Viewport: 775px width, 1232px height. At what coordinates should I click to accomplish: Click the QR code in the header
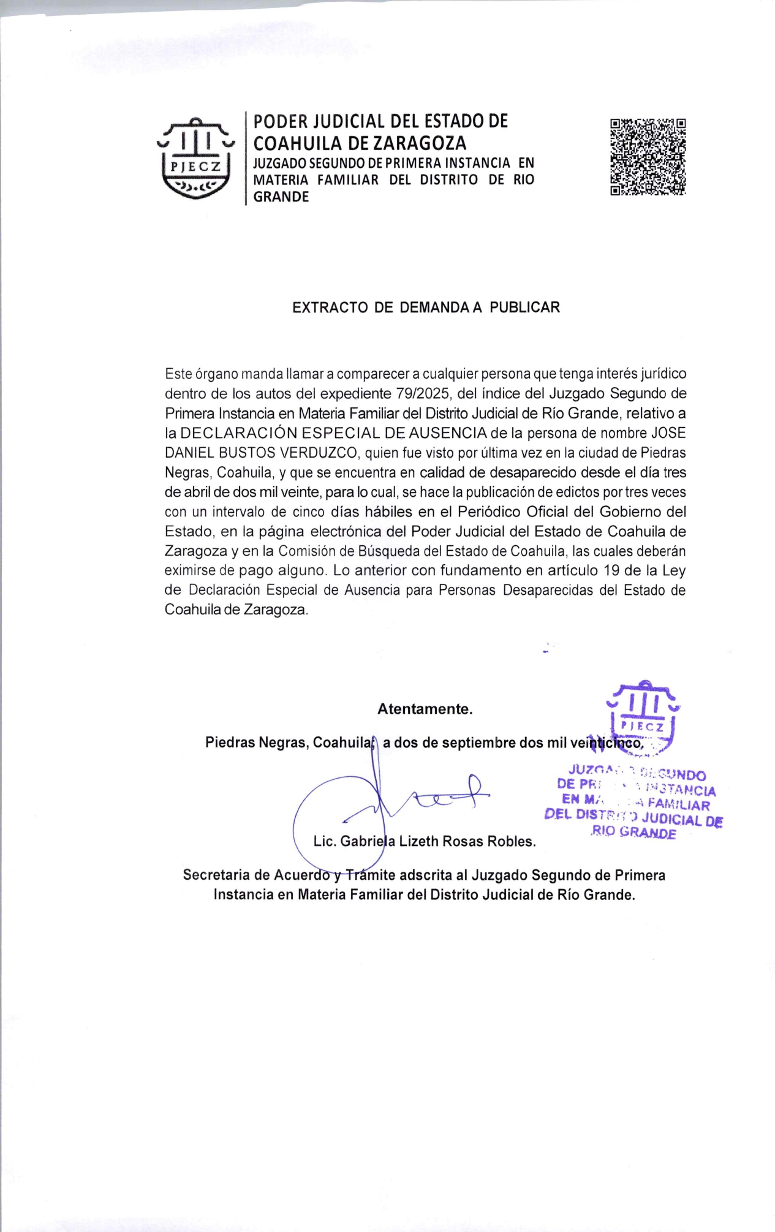648,157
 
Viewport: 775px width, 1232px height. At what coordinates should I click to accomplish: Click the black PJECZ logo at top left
196,159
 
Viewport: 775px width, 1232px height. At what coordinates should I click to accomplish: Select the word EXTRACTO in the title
331,308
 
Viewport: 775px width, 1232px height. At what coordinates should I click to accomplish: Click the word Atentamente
425,709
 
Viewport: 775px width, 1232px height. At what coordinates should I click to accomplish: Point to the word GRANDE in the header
281,197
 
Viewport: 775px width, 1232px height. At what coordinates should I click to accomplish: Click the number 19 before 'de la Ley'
611,570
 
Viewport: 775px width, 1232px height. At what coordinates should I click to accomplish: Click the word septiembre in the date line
479,743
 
